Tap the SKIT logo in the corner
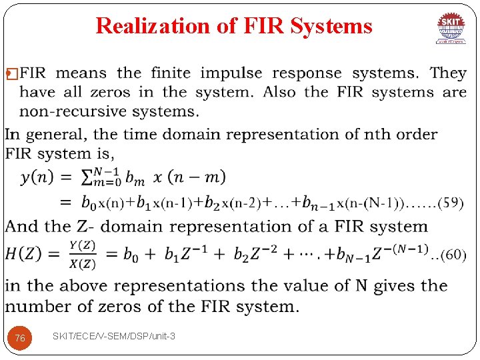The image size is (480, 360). [451, 28]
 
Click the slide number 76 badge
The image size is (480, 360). [20, 338]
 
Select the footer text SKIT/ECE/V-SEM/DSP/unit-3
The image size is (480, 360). [114, 336]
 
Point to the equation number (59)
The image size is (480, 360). [452, 203]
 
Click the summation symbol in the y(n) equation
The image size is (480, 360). [87, 177]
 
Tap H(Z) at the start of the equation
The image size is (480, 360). [33, 255]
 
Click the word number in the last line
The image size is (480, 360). [36, 307]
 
